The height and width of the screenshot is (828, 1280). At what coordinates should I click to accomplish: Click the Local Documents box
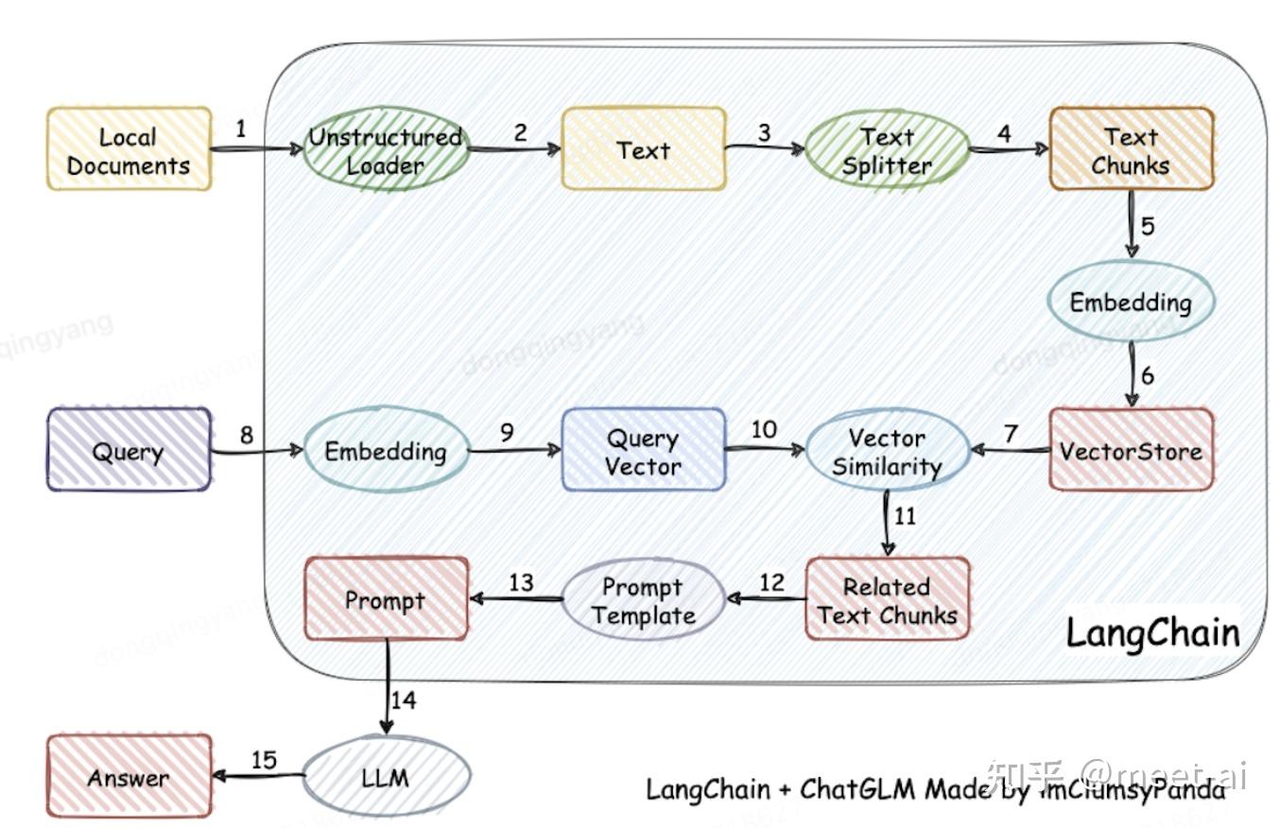(x=129, y=149)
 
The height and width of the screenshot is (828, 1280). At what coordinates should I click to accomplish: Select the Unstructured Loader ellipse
(x=386, y=150)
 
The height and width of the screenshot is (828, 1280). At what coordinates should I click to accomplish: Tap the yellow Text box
(x=643, y=149)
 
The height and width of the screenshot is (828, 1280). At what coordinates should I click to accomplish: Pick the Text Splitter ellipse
(x=887, y=150)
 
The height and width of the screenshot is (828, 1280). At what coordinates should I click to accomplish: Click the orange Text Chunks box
(x=1131, y=149)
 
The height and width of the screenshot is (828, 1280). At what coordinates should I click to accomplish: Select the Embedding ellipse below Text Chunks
(x=1130, y=302)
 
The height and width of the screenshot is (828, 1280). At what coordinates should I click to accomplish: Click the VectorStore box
(x=1131, y=450)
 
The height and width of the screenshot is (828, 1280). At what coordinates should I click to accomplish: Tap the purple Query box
(x=129, y=450)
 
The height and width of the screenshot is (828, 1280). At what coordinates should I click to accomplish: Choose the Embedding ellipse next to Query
(x=386, y=450)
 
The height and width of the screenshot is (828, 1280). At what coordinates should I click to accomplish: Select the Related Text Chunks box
(x=887, y=599)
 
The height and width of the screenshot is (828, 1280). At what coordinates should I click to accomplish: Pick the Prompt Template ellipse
(x=643, y=599)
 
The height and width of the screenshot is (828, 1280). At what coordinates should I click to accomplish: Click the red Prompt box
(x=386, y=599)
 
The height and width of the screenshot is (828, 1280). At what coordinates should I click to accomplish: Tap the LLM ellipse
(x=386, y=777)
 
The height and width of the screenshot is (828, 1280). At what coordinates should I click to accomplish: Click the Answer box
(x=129, y=777)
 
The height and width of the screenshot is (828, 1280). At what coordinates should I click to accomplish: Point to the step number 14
(x=404, y=700)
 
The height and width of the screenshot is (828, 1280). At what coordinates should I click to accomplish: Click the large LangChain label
(x=1152, y=632)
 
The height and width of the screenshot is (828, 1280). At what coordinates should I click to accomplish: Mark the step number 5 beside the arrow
(x=1148, y=226)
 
